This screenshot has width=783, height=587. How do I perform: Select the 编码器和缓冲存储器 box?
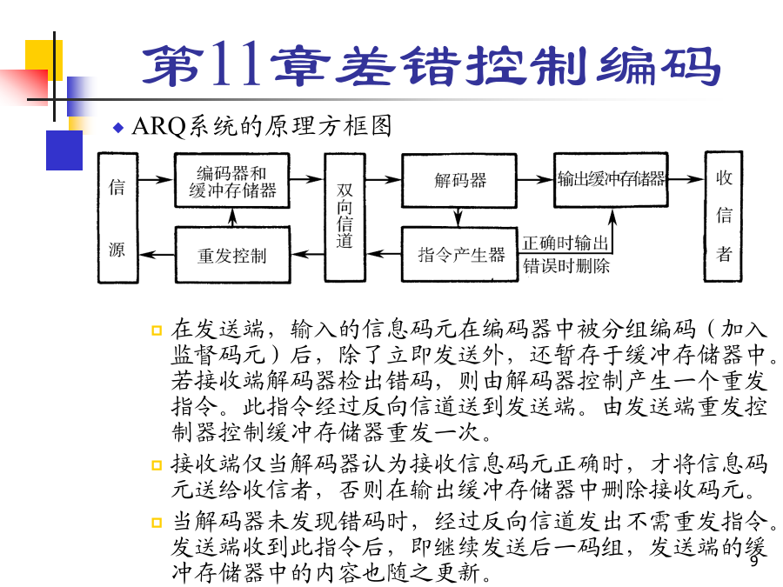[x=232, y=181]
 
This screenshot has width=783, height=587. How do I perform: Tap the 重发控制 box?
[x=232, y=255]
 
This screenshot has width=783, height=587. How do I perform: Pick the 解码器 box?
[x=459, y=180]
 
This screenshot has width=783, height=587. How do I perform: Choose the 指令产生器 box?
[x=459, y=255]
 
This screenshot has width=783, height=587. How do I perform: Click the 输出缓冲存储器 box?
[x=611, y=179]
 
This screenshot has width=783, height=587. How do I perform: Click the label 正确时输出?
[x=565, y=243]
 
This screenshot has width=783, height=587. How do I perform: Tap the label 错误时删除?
[x=566, y=265]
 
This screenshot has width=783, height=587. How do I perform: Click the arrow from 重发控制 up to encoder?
[x=232, y=217]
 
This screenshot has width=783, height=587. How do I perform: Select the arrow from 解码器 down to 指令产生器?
[x=458, y=217]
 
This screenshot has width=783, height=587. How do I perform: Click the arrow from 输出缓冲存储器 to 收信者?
[x=686, y=178]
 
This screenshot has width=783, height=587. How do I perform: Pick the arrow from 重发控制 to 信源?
[x=157, y=255]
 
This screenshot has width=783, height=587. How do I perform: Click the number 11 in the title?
[x=236, y=63]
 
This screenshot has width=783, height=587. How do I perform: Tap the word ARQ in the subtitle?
[x=159, y=126]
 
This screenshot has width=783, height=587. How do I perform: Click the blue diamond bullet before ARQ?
[x=118, y=128]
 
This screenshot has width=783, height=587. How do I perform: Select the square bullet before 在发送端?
[x=157, y=330]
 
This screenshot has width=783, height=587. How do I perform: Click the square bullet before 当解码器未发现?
[x=157, y=522]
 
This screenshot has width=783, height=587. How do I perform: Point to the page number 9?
[x=754, y=561]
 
